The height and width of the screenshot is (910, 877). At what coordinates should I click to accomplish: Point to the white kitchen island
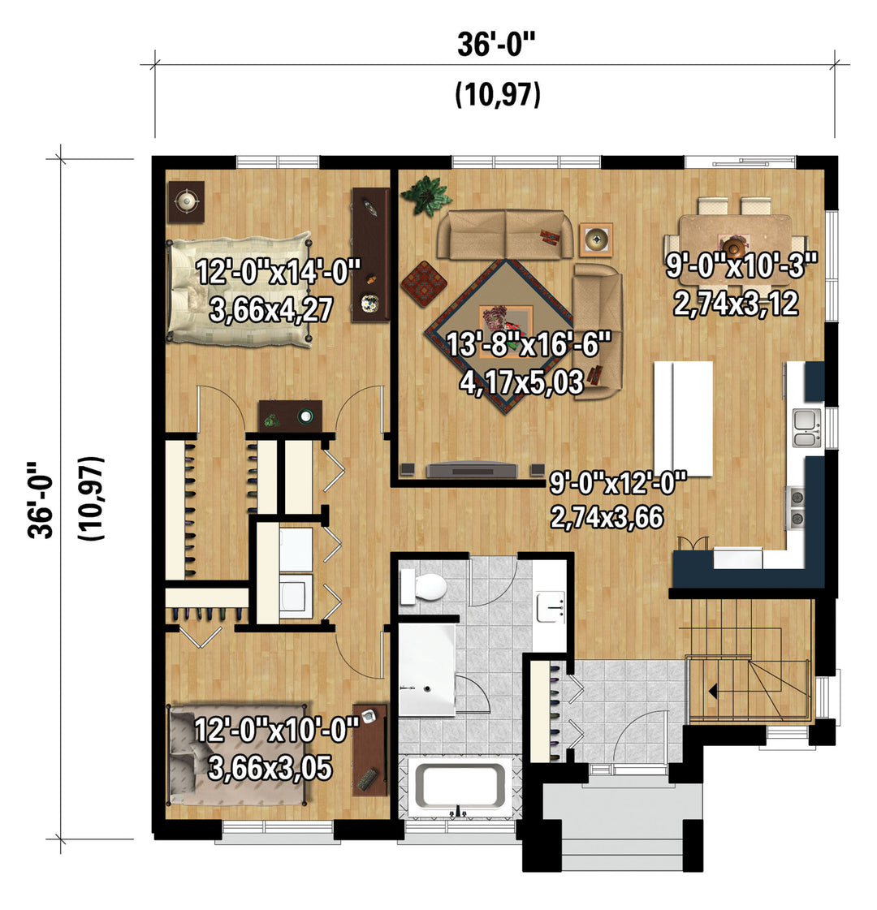[x=684, y=418]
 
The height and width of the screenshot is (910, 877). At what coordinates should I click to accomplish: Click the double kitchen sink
[x=807, y=427]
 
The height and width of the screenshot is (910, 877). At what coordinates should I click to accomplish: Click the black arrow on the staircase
[x=712, y=691]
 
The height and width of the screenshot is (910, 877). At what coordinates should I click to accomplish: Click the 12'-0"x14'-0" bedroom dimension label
[x=279, y=272]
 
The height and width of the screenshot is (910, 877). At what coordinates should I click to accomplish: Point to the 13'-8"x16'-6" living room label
[x=529, y=345]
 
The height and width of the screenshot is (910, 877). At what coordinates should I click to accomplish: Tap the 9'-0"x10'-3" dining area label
[x=741, y=265]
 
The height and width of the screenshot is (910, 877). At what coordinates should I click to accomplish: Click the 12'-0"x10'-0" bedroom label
[x=276, y=730]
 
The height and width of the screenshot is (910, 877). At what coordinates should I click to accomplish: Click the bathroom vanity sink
[x=551, y=606]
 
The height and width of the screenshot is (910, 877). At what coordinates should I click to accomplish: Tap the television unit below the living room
[x=471, y=469]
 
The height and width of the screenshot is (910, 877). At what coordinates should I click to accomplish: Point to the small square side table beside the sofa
[x=596, y=239]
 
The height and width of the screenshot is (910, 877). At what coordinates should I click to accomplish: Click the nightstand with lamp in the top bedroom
[x=186, y=202]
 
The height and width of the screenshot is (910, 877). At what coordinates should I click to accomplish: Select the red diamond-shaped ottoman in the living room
[x=424, y=282]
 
